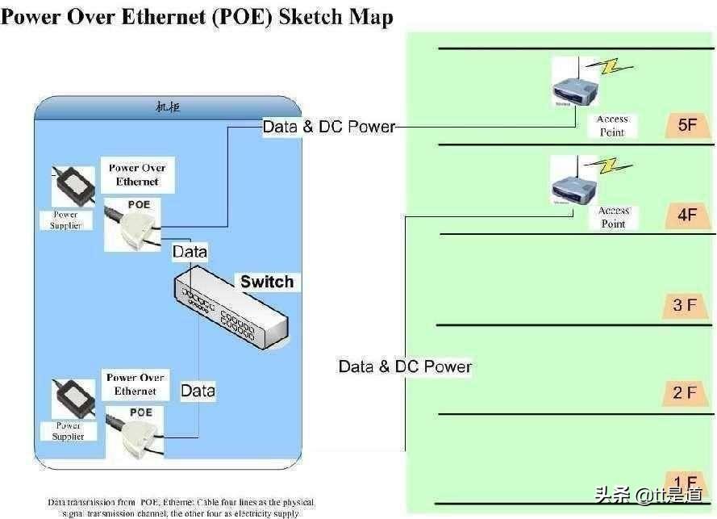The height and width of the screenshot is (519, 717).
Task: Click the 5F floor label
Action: pos(687,125)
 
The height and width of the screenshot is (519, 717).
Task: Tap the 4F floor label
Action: pos(687,216)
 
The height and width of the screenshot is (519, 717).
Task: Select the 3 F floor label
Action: pos(685,305)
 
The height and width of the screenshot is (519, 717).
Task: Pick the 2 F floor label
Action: pos(685,393)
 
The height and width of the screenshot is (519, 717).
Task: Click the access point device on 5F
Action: pos(573,83)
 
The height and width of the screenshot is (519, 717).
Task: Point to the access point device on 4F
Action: pos(573,180)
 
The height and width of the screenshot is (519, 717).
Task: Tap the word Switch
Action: pos(267,282)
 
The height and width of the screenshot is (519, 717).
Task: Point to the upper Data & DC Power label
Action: pos(329,127)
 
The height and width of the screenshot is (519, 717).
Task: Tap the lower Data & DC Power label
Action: pos(405,366)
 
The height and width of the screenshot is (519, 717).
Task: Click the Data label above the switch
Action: pos(190,252)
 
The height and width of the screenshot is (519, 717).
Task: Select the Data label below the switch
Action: pos(198,391)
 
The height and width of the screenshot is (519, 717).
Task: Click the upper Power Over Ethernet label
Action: pos(138,175)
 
